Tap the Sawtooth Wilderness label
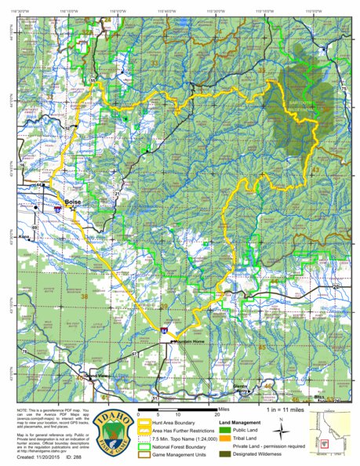300,107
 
